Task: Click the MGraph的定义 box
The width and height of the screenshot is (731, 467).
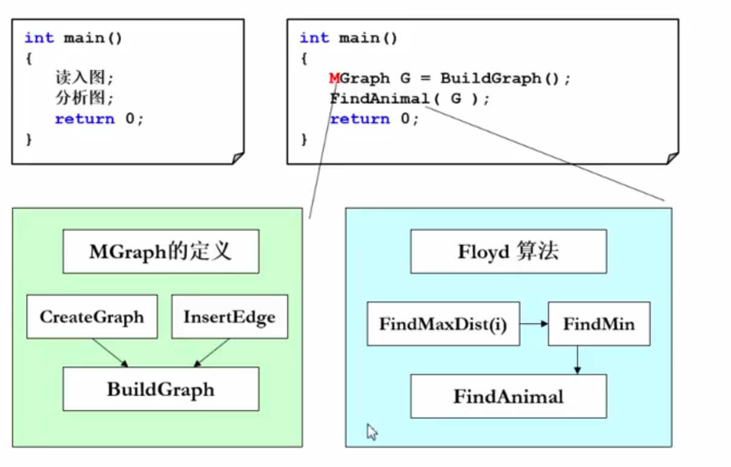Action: [161, 251]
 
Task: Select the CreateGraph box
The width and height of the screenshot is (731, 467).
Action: [92, 317]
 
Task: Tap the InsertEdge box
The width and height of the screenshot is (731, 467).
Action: [229, 317]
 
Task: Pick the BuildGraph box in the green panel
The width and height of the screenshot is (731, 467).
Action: [161, 389]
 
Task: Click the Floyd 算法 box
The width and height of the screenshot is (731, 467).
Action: [508, 251]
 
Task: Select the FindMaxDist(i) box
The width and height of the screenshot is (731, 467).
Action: [443, 324]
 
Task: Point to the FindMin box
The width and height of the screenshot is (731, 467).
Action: [599, 324]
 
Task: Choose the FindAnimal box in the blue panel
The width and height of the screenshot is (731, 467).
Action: [508, 396]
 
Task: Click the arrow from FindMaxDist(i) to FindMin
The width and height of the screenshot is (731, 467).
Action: [534, 324]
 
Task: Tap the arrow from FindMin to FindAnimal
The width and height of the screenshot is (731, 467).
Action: [578, 360]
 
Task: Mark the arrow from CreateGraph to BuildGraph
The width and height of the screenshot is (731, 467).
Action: [110, 352]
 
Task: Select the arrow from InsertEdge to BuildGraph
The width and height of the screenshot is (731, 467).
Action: [212, 352]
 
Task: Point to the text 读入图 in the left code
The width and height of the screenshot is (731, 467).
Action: [85, 78]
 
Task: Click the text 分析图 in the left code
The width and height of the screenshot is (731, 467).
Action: [85, 98]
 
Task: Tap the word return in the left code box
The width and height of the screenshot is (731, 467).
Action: [85, 119]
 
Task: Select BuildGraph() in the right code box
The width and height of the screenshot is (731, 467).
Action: [505, 78]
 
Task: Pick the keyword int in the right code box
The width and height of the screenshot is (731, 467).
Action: [314, 38]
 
